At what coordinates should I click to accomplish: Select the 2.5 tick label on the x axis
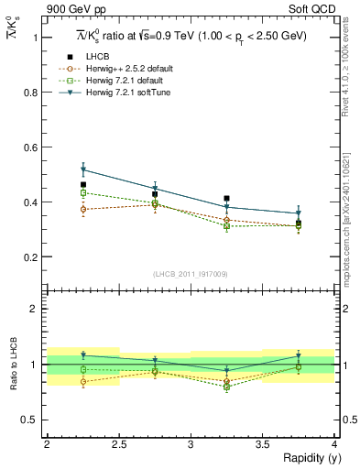coord(118,444)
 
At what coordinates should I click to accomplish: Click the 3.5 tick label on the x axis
coord(263,444)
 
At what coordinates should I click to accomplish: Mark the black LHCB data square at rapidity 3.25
coord(226,198)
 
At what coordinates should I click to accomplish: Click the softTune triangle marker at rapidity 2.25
coord(82,169)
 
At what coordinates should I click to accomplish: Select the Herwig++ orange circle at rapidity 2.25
coord(82,210)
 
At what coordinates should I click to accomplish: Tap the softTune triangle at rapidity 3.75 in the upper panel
coord(299,213)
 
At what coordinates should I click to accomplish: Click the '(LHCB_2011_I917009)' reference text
coord(191,274)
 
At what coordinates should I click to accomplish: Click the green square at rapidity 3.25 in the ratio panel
coord(226,387)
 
